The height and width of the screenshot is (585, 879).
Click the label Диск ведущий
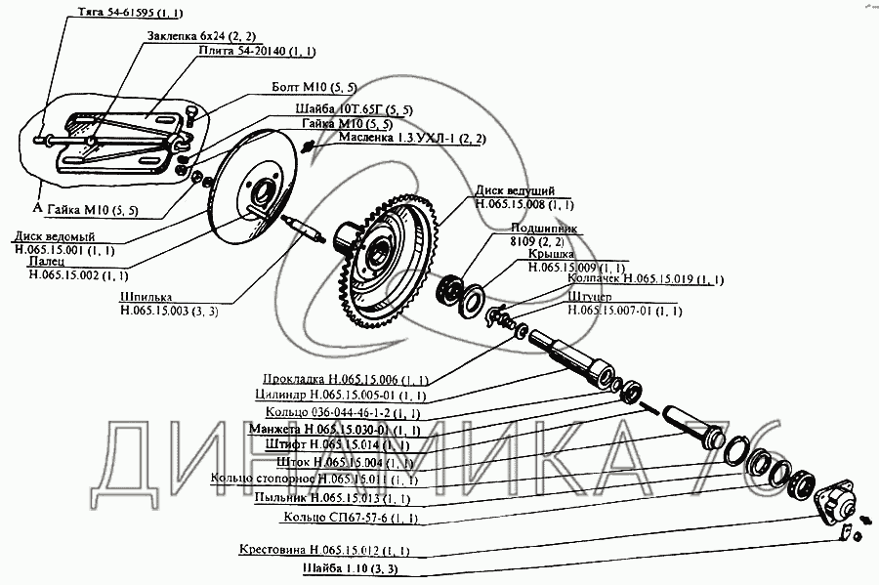coord(516,190)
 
